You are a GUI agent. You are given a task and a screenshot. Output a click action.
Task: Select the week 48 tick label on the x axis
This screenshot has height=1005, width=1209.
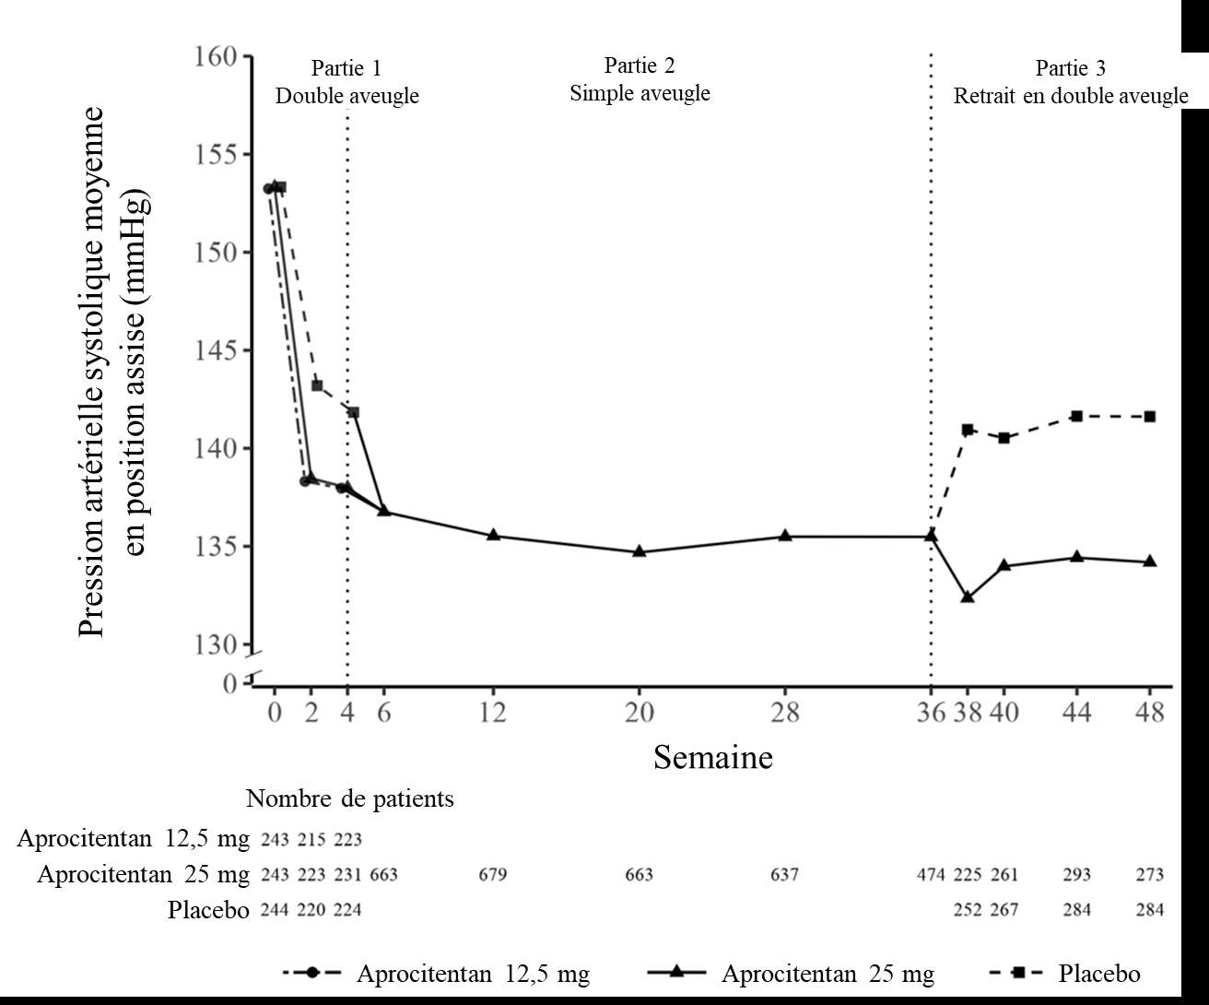(x=1149, y=713)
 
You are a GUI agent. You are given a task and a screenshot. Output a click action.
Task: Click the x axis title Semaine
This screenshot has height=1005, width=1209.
(x=713, y=758)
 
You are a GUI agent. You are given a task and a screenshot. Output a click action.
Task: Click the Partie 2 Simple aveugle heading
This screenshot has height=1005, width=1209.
(x=640, y=79)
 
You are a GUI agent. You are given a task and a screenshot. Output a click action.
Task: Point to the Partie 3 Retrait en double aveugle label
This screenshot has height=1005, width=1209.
(x=1070, y=82)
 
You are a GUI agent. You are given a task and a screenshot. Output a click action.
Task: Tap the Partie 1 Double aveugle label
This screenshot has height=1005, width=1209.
(x=346, y=82)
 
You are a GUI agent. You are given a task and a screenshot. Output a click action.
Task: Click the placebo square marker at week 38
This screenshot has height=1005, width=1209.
(x=968, y=430)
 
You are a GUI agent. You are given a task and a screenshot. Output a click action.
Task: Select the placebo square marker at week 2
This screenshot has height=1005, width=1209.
(x=316, y=385)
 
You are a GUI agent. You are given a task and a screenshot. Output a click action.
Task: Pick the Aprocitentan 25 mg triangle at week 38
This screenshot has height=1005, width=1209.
(x=968, y=597)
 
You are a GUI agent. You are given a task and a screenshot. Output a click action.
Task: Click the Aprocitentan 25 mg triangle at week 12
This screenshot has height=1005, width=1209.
(x=493, y=535)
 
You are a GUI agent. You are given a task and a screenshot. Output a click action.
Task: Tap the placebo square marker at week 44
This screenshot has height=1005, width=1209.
(x=1076, y=417)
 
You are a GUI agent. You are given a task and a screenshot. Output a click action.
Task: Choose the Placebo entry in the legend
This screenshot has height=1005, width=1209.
(x=1099, y=974)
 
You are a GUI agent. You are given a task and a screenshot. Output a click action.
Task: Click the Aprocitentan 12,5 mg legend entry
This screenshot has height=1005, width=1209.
(x=473, y=974)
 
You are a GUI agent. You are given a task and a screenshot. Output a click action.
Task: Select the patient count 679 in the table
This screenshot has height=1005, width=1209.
(x=493, y=874)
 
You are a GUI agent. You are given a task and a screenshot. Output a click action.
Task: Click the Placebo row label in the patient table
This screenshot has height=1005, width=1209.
(x=208, y=910)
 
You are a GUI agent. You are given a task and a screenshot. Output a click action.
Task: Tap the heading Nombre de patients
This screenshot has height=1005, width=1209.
(x=350, y=798)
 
